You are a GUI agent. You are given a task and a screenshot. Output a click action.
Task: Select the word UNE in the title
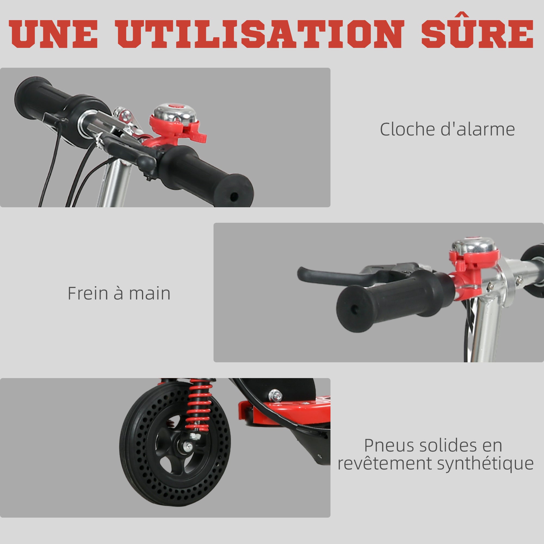53,34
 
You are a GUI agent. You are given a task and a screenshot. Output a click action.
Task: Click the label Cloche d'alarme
447,129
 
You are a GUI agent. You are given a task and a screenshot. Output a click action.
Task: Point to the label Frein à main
119,293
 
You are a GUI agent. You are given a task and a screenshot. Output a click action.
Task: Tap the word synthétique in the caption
485,463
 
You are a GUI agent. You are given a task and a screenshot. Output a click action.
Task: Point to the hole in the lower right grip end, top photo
233,196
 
